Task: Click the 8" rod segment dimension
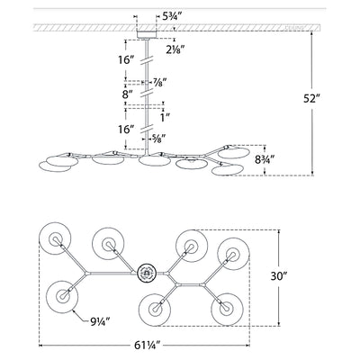coord(129,93)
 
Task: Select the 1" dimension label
coord(163,117)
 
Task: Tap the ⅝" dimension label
coord(162,138)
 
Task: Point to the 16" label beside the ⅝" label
coord(128,130)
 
